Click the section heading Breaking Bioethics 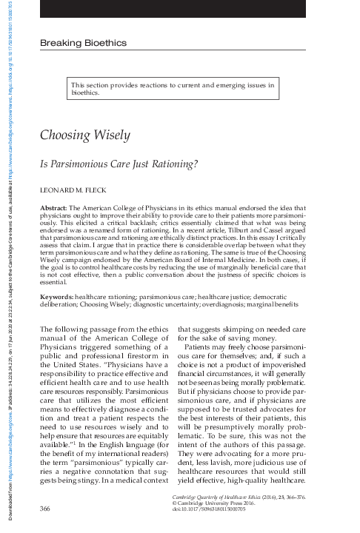click(83, 44)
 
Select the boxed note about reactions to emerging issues click(174, 90)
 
